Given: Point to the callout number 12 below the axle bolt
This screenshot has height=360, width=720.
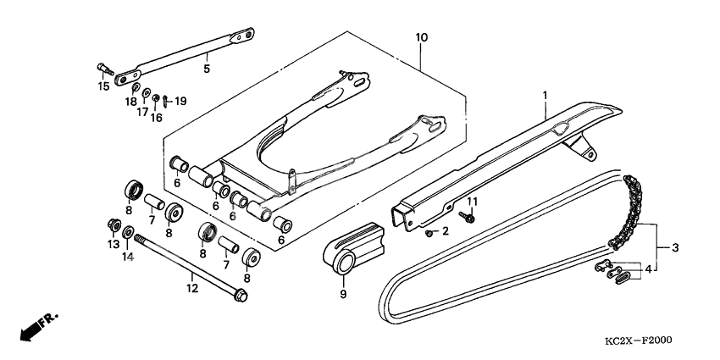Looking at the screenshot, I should [192, 288].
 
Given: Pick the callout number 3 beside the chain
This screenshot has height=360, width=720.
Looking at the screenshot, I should [675, 248].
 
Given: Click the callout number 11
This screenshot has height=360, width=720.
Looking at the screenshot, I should [474, 201].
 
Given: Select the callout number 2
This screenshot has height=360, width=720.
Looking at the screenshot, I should [444, 231].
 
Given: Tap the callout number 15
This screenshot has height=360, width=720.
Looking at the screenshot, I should [103, 86].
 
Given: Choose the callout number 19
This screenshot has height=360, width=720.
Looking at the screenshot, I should [180, 101].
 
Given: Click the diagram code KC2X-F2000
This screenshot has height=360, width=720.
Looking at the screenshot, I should [636, 341].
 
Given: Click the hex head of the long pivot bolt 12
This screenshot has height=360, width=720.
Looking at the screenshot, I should [240, 297].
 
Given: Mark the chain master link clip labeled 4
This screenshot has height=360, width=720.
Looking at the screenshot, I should [620, 273].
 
